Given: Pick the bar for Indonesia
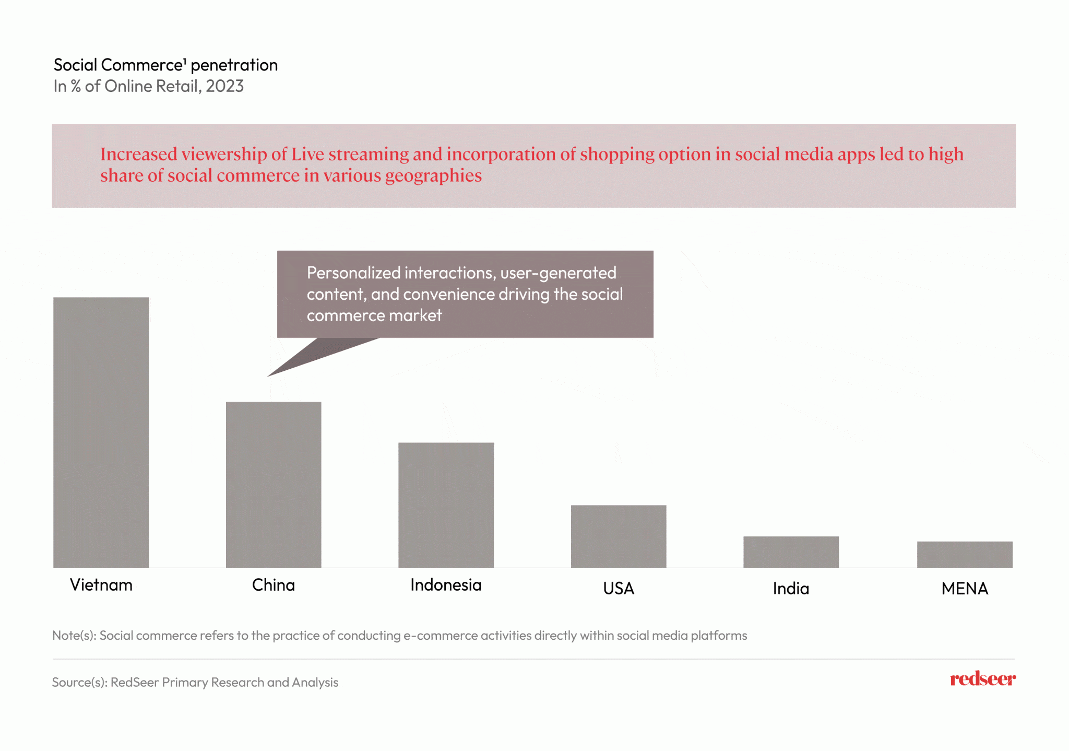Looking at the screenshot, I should click(446, 505).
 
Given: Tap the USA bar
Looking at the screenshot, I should click(619, 536).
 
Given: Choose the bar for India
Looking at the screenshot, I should click(791, 552).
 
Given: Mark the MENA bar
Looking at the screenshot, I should click(965, 555).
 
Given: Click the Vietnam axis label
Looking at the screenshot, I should click(101, 585).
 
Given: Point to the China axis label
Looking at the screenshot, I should click(274, 585).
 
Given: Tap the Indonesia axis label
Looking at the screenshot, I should click(446, 585).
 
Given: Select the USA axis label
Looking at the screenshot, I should click(619, 589).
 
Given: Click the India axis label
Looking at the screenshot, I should click(791, 589).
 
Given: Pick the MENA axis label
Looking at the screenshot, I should click(965, 589).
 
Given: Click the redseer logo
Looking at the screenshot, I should click(982, 679).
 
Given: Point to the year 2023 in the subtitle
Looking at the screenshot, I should click(224, 86).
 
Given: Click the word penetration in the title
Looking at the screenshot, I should click(234, 65).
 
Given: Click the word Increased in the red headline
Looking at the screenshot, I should click(139, 155).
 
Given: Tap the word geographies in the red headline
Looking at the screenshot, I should click(433, 176).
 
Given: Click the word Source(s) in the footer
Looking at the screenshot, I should click(79, 683).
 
